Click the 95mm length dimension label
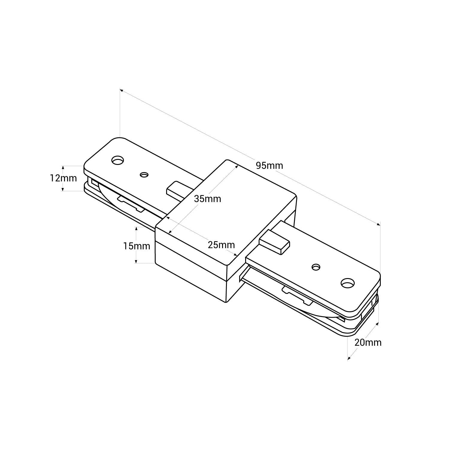coord(269,165)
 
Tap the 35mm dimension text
coord(207,198)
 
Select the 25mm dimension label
coord(221,245)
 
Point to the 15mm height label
coord(137,246)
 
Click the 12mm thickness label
coord(63,178)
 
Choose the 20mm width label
coord(368,342)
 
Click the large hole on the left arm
coord(118,160)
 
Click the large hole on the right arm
coord(347,282)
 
